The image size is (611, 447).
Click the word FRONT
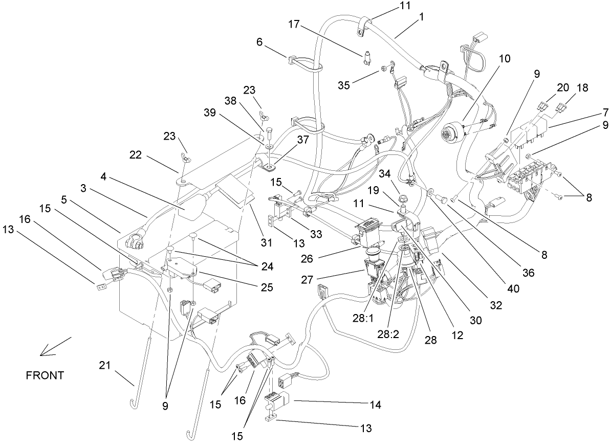pyautogui.click(x=45, y=375)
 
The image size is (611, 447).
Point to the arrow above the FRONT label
pyautogui.click(x=55, y=346)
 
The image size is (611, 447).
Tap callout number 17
pyautogui.click(x=293, y=24)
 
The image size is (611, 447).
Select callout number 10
pyautogui.click(x=504, y=58)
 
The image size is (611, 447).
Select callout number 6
pyautogui.click(x=259, y=42)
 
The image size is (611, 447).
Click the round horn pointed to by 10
pyautogui.click(x=452, y=134)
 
